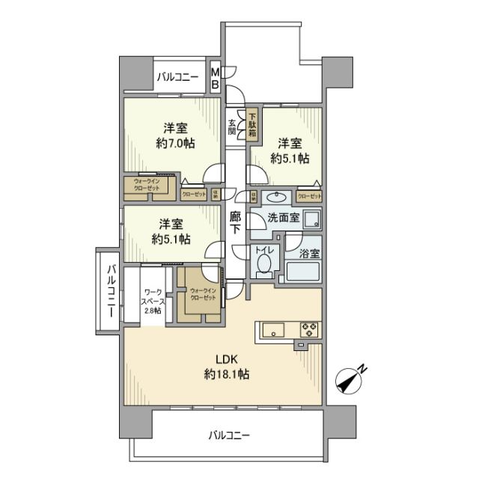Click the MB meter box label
pyautogui.click(x=215, y=79)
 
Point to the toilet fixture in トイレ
pyautogui.click(x=263, y=263)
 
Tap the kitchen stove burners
pyautogui.click(x=310, y=329)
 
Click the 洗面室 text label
pyautogui.click(x=284, y=219)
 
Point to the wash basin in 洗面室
pyautogui.click(x=276, y=198)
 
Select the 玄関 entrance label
pyautogui.click(x=232, y=128)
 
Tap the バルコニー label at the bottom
pyautogui.click(x=229, y=435)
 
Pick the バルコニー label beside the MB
pyautogui.click(x=178, y=77)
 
